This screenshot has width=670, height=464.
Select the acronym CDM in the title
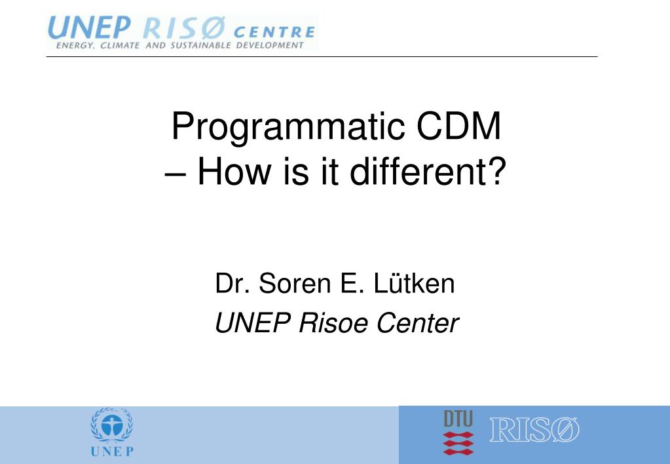click(460, 127)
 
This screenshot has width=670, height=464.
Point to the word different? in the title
click(428, 171)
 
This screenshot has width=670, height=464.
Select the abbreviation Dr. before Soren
click(231, 284)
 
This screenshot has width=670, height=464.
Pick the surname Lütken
click(415, 284)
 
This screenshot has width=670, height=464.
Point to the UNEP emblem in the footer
click(111, 425)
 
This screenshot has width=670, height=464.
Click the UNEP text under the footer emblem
click(111, 451)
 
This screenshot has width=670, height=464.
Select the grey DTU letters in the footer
click(458, 419)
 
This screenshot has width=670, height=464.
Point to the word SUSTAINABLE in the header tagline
click(200, 45)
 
